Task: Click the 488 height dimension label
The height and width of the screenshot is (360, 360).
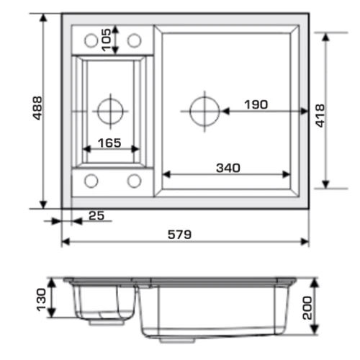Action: click(x=37, y=108)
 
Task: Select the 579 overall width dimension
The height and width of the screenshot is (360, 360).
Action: click(x=179, y=235)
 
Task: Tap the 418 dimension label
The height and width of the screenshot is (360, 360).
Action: click(x=320, y=116)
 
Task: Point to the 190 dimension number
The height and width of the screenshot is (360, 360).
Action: click(x=256, y=104)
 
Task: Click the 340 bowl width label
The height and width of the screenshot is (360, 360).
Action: click(x=228, y=168)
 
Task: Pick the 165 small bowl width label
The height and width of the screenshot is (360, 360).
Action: click(x=109, y=143)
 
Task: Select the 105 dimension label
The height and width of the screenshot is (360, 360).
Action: click(x=107, y=40)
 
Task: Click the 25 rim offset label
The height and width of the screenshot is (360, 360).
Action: click(x=96, y=215)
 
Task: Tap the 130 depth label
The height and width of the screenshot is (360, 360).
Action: click(x=41, y=300)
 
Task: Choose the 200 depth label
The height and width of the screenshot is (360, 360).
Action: click(x=307, y=308)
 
